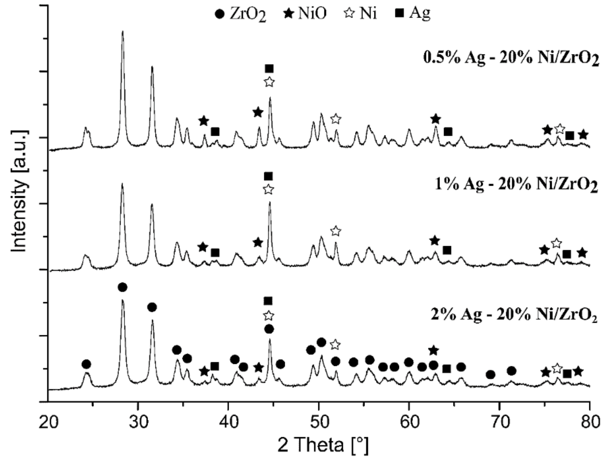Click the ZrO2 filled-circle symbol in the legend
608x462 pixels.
pos(219,14)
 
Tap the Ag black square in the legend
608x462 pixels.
pos(399,13)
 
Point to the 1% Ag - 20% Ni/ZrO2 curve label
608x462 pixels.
pos(516,184)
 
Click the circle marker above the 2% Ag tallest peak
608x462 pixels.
pos(122,287)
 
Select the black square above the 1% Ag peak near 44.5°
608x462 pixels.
pos(268,176)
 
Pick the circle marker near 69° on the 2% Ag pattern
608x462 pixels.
pos(490,375)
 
